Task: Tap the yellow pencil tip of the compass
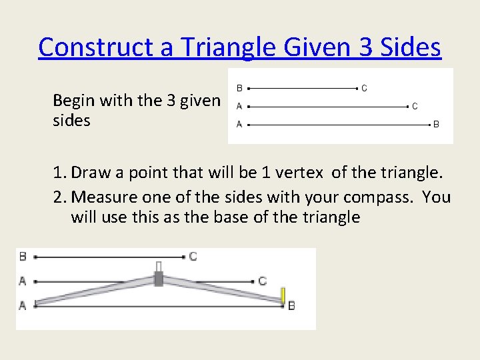tap(283, 295)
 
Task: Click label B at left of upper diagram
tap(239, 87)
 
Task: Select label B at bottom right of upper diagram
tap(436, 124)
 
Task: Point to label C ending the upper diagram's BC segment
tap(364, 87)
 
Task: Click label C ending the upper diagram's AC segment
tap(415, 106)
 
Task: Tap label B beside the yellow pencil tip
tap(291, 305)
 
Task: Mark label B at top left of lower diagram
tap(23, 256)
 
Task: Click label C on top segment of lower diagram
tap(193, 256)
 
